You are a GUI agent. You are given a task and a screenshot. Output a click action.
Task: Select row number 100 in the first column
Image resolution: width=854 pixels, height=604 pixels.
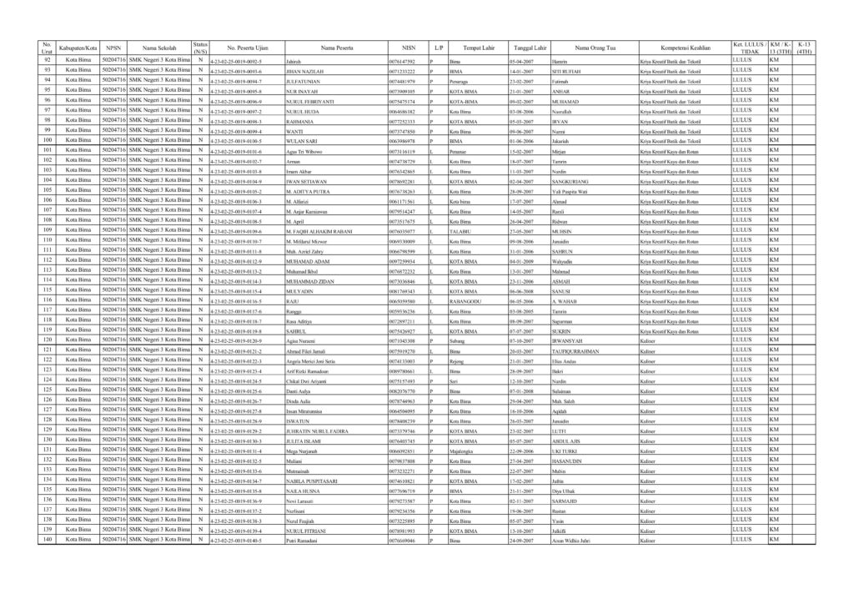pyautogui.click(x=48, y=140)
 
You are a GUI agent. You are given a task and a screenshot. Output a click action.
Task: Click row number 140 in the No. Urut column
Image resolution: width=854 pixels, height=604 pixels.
pyautogui.click(x=48, y=540)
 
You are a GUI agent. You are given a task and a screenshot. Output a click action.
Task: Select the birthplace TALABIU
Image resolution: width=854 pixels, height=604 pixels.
pyautogui.click(x=460, y=232)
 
